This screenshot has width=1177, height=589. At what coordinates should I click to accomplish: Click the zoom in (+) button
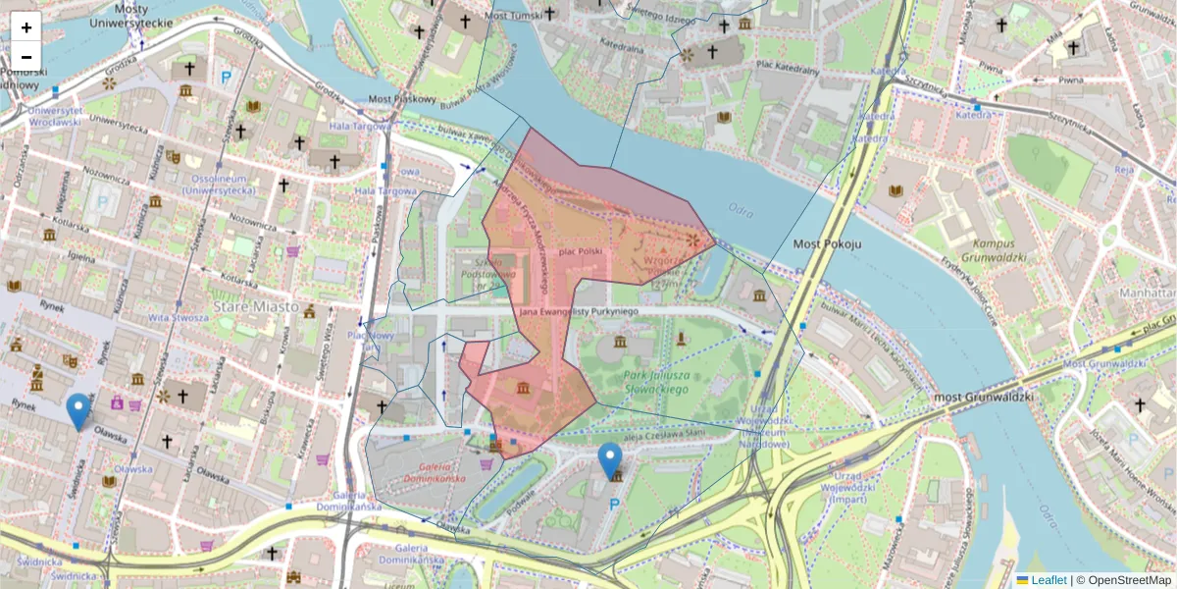point(26,27)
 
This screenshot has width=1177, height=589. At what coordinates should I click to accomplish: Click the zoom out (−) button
point(26,56)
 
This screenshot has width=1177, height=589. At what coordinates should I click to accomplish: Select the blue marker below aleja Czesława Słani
point(610,460)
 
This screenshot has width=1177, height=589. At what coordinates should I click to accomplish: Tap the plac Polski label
point(580,251)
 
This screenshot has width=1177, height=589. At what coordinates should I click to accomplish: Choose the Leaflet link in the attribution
point(1049,580)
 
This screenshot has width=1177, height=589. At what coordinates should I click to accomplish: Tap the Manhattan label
point(1149,294)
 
